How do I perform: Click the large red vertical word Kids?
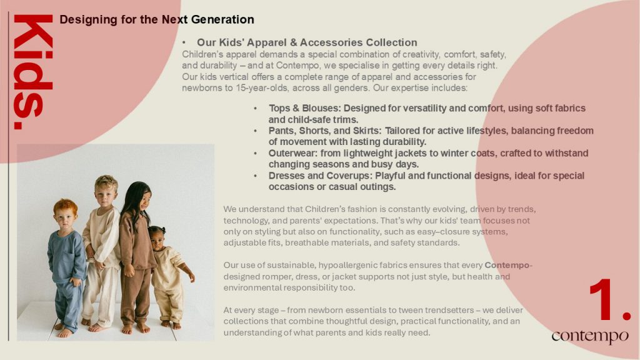coord(33,72)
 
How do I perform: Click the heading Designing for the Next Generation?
coord(157,19)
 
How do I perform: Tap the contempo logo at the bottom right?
coord(590,336)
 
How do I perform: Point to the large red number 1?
coord(610,299)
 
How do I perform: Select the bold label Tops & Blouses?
coord(304,108)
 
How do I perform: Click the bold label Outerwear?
coord(293,153)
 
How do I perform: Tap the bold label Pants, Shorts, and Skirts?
coord(325,131)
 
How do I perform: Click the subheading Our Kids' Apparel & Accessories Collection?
coord(307,42)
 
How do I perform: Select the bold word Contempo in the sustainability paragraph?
coord(506,265)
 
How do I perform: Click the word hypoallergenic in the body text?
coord(347,265)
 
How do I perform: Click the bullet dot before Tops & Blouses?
coord(256,109)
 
